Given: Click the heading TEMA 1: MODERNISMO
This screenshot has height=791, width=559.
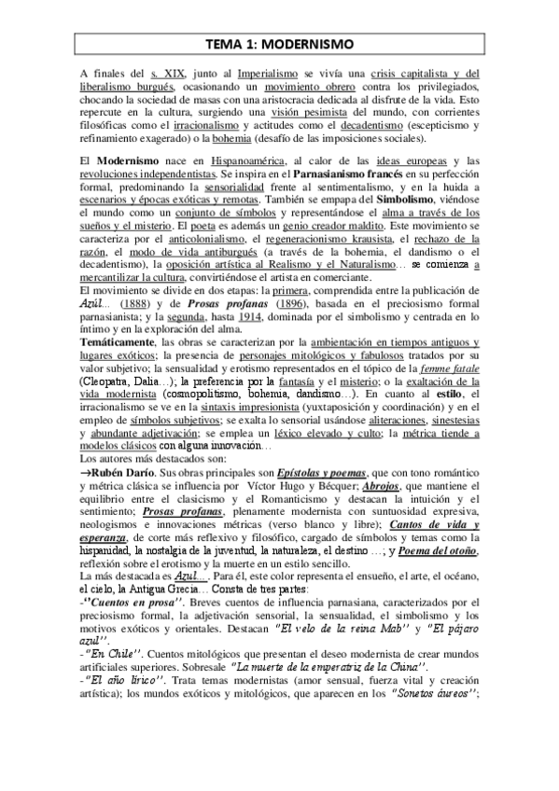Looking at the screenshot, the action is pyautogui.click(x=279, y=44).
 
